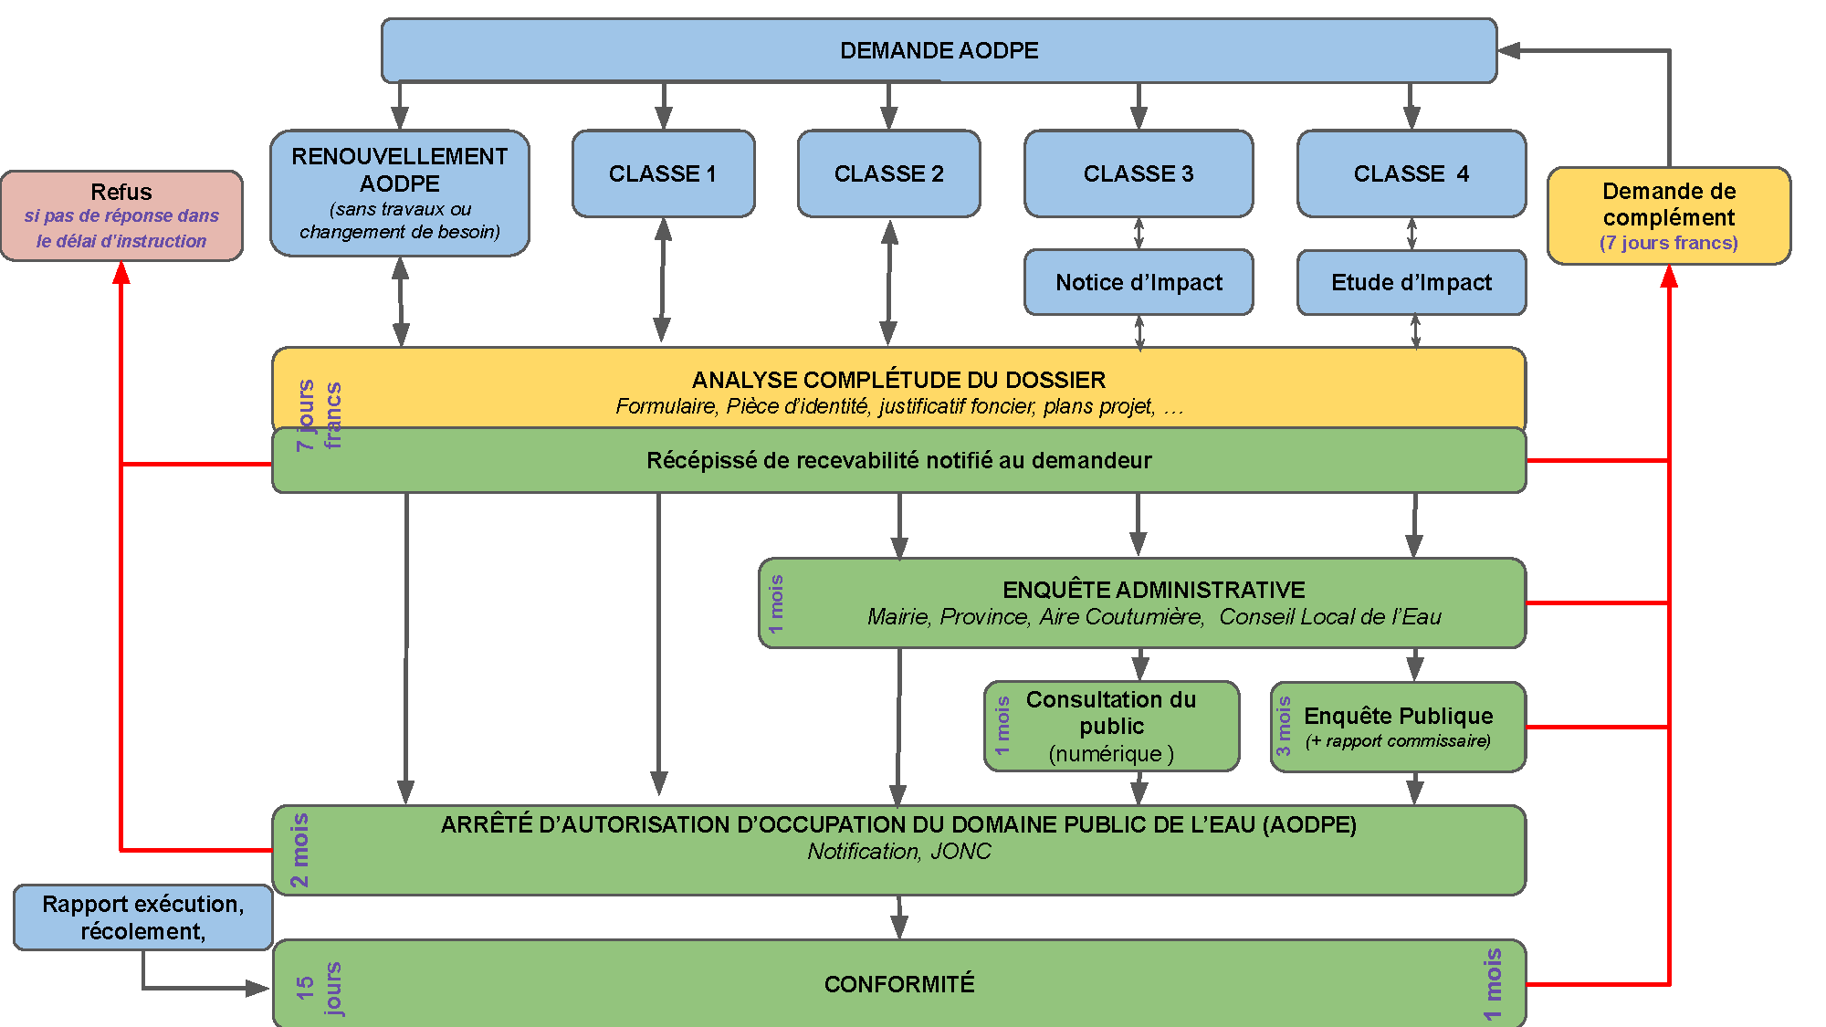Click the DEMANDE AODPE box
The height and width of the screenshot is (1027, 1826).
coord(939,50)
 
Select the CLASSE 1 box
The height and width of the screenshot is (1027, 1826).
coord(663,173)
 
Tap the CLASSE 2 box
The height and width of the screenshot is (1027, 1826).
coord(888,173)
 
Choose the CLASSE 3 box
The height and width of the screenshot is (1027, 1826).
coord(1139,173)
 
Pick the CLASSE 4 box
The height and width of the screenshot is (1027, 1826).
coord(1411,173)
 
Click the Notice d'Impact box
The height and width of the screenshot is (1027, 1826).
coord(1139,282)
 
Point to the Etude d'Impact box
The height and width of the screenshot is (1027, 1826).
coord(1411,282)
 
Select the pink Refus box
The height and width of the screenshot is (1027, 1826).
coord(121,215)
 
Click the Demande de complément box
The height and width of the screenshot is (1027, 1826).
coord(1669,215)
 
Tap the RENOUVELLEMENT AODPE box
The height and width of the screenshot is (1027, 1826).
coord(400,193)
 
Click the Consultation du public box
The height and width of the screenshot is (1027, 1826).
coord(1111,726)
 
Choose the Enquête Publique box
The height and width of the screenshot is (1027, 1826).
coord(1398,727)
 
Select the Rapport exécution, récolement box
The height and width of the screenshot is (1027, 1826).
coord(142,917)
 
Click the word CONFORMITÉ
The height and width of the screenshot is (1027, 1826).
coord(899,984)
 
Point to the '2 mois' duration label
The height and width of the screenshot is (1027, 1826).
coord(299,850)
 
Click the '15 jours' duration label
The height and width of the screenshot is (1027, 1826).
coord(319,988)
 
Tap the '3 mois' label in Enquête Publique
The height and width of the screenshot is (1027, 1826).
coord(1284,727)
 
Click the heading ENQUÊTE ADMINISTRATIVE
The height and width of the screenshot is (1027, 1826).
coord(1153,590)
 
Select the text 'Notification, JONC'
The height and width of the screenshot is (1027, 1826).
coord(899,851)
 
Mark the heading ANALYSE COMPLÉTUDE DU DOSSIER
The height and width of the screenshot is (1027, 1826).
coord(898,380)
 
